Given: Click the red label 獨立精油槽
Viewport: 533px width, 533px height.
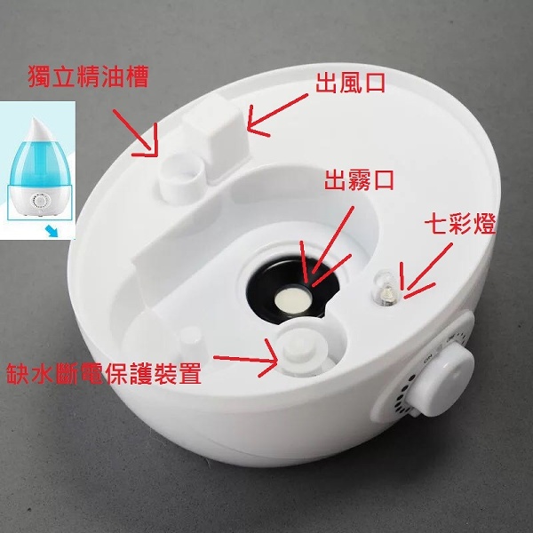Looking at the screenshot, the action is (x=88, y=76).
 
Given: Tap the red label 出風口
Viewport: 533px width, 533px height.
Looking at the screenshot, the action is (x=351, y=84).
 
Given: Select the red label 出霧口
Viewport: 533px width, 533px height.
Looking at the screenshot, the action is (x=359, y=180).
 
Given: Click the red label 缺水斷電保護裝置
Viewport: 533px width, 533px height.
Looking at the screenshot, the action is (x=104, y=374).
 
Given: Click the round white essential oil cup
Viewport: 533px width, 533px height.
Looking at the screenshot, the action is (x=182, y=177).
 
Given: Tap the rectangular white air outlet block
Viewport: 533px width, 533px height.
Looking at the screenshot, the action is (x=217, y=138).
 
